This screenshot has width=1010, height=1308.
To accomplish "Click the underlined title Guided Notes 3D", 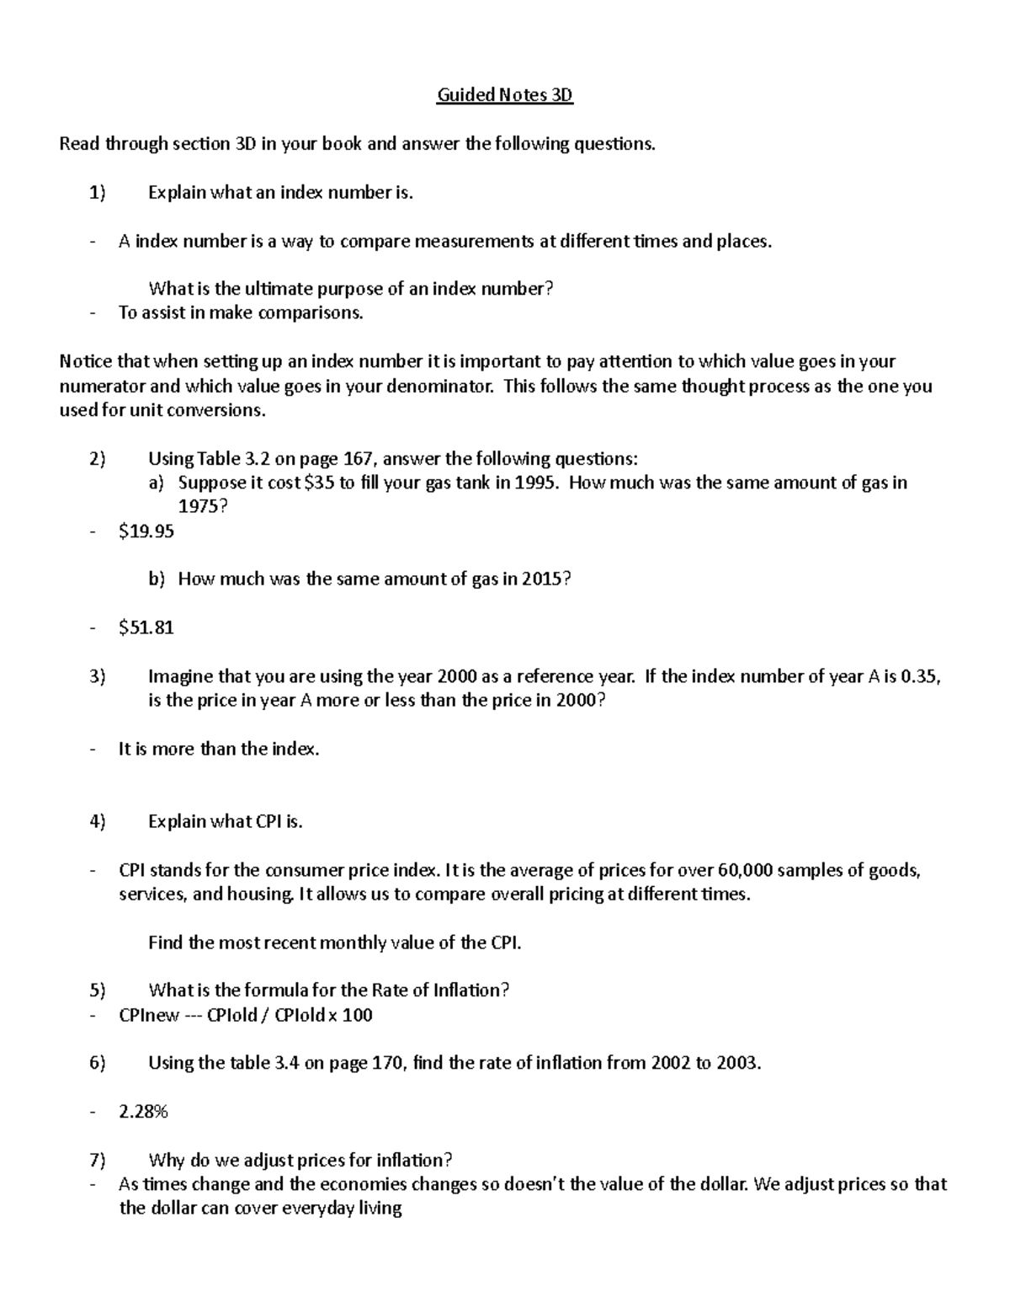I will click(504, 95).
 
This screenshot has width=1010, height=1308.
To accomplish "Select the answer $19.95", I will click(146, 531).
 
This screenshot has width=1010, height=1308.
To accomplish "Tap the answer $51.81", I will click(146, 627).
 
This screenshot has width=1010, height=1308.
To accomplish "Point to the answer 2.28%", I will click(144, 1112).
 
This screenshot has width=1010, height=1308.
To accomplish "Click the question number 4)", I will click(98, 822).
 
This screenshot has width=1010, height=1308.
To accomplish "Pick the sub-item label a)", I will click(157, 483).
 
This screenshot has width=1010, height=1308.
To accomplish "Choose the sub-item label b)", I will click(157, 579).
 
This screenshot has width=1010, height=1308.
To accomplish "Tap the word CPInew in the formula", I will click(149, 1016).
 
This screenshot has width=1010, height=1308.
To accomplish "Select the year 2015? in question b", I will click(546, 579).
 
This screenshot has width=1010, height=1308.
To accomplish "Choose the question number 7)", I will click(98, 1161).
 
